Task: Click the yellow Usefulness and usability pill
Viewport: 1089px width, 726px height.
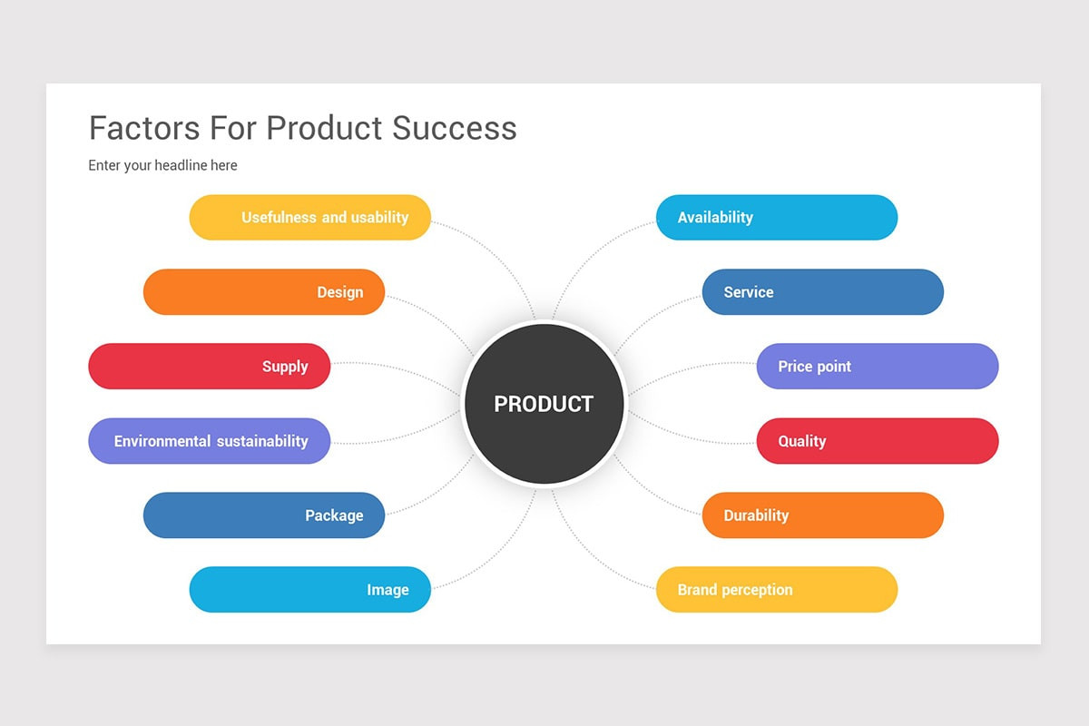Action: point(309,218)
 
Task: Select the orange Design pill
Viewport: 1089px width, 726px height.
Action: point(264,292)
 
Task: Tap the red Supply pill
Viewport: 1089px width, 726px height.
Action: point(209,367)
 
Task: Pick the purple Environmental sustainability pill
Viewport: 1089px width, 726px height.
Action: point(209,441)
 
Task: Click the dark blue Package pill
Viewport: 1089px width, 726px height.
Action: point(264,515)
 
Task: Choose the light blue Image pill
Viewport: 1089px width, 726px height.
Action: point(309,590)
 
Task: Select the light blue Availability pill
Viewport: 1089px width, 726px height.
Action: point(777,218)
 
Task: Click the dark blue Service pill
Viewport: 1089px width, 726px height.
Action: point(822,292)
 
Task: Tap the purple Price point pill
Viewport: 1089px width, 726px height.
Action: point(878,367)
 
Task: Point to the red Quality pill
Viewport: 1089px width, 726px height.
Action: point(878,441)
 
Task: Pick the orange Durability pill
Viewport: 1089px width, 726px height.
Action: point(822,515)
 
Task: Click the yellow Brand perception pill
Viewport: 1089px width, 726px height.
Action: point(777,590)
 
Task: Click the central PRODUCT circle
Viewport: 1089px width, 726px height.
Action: point(544,404)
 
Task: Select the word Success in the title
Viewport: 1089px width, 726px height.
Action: point(455,128)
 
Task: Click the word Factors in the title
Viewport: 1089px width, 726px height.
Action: point(145,128)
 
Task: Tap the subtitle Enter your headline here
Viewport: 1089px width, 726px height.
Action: point(162,165)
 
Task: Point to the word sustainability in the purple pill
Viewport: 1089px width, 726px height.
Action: point(262,441)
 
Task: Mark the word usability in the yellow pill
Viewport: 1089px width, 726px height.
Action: point(379,218)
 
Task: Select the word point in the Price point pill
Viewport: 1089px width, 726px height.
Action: point(833,367)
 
